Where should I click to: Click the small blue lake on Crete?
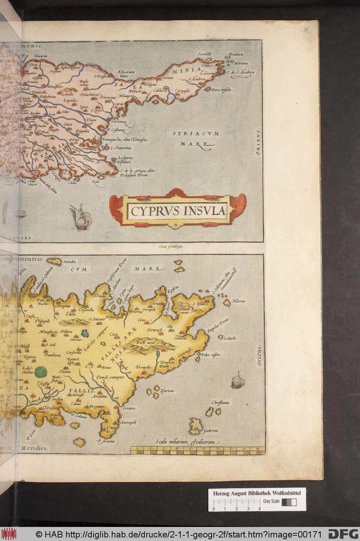(85, 332)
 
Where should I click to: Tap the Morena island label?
(238, 301)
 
